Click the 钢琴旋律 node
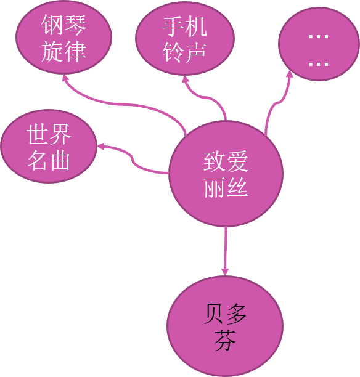(x=63, y=37)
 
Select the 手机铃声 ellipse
(x=185, y=38)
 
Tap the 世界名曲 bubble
(x=49, y=147)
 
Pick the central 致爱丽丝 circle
(x=226, y=174)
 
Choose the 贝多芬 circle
(x=225, y=326)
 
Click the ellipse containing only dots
(x=319, y=44)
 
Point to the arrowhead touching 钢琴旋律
(x=65, y=78)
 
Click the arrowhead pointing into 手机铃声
(x=185, y=79)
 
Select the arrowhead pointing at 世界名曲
(x=100, y=146)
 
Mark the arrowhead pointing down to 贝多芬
(x=225, y=272)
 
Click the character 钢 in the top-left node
(x=52, y=25)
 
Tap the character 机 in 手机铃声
(x=196, y=26)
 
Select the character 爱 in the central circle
(x=237, y=161)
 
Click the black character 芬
(x=225, y=340)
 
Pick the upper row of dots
(x=318, y=36)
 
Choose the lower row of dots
(x=318, y=64)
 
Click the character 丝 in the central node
(x=237, y=187)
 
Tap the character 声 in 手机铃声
(x=196, y=52)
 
